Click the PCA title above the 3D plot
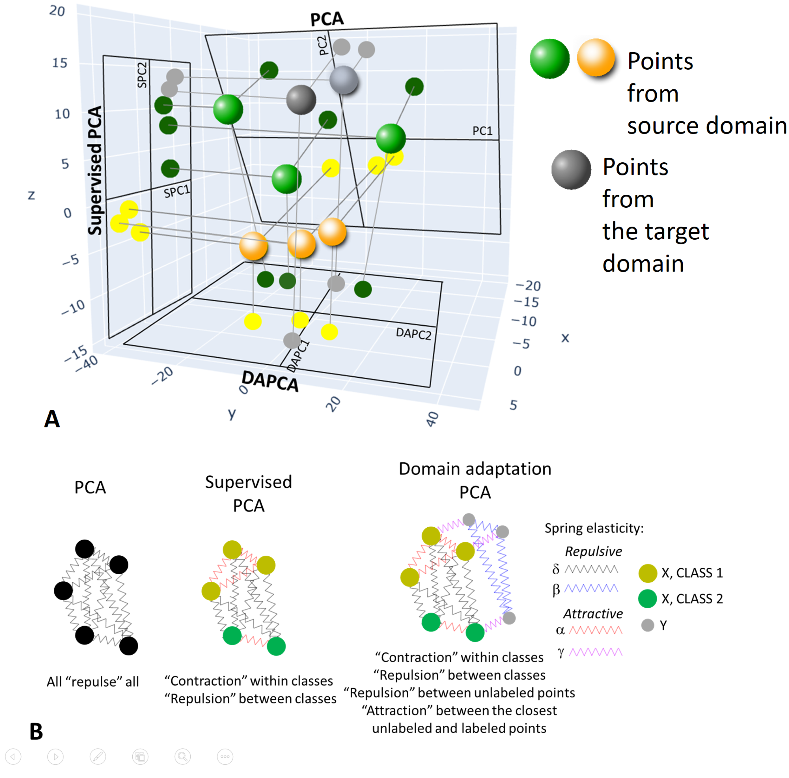[x=327, y=19]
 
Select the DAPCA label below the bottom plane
[x=270, y=381]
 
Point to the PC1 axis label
[x=482, y=131]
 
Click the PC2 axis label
[x=323, y=45]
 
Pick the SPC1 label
[x=177, y=191]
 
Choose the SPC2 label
[x=142, y=75]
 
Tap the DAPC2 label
[x=413, y=334]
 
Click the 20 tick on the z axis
[x=57, y=11]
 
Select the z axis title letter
[x=31, y=195]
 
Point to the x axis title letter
[x=565, y=338]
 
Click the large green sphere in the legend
[x=549, y=59]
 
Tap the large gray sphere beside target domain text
[x=571, y=169]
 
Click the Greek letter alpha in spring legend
[x=560, y=631]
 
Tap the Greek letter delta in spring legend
[x=555, y=569]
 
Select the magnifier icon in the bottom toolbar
[x=183, y=757]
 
